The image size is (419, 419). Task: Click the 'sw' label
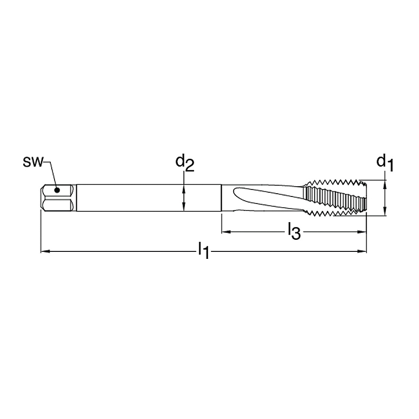pos(33,162)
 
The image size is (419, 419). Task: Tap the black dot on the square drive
pos(57,190)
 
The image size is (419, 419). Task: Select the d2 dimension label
pos(185,163)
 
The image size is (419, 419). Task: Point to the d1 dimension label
pos(385,163)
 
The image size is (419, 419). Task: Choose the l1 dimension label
pos(203,250)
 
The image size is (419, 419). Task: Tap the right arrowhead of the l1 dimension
pos(362,251)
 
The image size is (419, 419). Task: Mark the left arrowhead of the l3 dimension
pos(226,232)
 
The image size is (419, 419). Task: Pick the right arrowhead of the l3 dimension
pos(362,232)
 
